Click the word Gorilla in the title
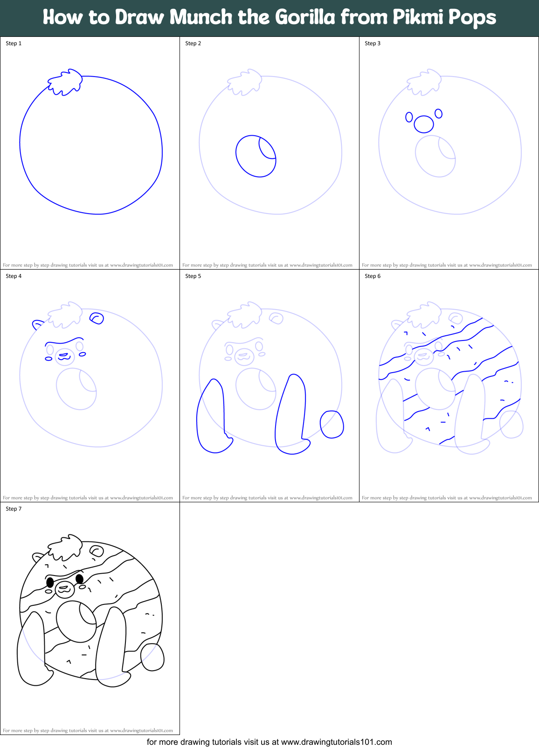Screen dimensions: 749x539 click(305, 17)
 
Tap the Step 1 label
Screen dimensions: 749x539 click(14, 43)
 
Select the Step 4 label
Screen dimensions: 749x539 click(14, 276)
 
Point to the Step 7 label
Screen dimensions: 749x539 click(14, 509)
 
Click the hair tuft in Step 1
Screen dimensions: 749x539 click(66, 83)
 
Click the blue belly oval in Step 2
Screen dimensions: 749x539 click(256, 156)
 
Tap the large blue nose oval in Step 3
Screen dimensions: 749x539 click(424, 124)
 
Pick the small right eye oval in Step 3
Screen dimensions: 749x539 click(438, 113)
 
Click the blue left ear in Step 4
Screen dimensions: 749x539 click(37, 324)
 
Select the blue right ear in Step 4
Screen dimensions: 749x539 click(97, 318)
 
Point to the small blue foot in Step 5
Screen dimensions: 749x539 click(332, 424)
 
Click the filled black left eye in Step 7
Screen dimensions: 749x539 click(50, 582)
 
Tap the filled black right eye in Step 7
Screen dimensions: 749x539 click(79, 579)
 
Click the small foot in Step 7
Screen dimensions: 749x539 click(152, 657)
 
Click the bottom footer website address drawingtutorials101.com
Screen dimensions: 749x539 click(336, 742)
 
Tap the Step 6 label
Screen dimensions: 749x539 click(373, 276)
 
